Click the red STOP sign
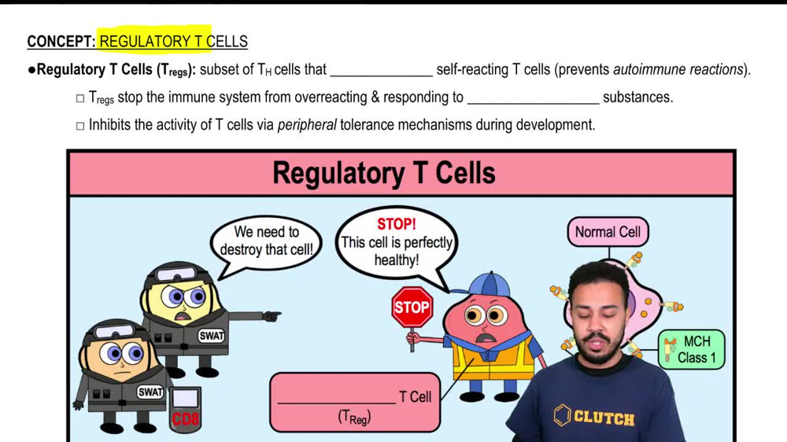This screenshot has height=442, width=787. pos(412,308)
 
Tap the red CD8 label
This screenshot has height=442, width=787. pos(186,418)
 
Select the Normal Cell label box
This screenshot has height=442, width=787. pos(608,232)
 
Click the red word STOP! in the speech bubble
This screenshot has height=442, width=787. pos(397,224)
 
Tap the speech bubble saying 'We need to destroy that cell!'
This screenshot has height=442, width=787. pos(266,241)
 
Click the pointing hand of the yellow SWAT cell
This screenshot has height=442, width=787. pos(272,316)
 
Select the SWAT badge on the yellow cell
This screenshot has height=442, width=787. pos(211,335)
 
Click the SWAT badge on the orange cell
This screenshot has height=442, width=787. pos(150,392)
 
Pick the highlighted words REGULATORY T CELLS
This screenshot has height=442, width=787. pos(173,42)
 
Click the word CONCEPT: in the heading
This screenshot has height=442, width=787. pos(61,42)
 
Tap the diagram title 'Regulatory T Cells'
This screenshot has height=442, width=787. pos(383,173)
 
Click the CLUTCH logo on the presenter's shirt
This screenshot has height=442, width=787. pos(594,416)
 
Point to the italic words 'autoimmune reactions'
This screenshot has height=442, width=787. pos(678,69)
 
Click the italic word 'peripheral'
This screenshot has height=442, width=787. pos(307,124)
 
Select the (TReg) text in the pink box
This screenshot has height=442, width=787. pos(353,418)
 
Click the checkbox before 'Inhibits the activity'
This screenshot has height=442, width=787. pos(79,125)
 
